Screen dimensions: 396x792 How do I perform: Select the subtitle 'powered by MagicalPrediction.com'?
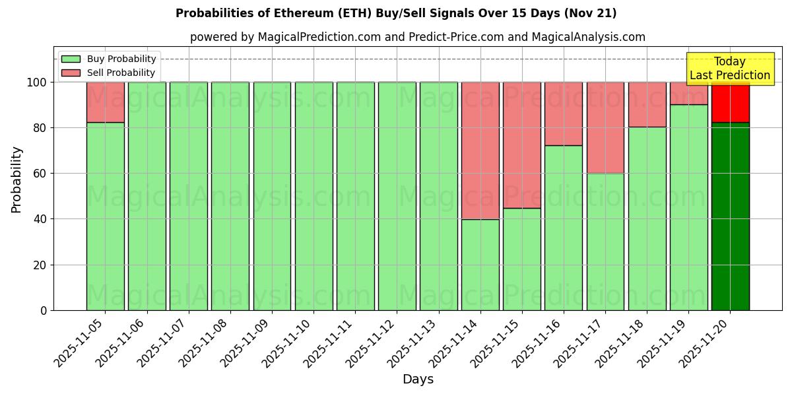417,37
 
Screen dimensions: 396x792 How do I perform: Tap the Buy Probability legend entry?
109,59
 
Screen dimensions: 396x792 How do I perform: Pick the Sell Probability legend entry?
109,73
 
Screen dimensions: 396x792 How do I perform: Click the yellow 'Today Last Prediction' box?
729,69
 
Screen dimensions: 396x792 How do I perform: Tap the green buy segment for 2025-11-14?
480,264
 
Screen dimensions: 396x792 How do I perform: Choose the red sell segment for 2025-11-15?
521,145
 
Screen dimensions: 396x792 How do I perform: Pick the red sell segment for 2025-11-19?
688,94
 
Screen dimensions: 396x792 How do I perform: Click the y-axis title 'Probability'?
16,179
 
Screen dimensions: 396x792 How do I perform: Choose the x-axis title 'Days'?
418,379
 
